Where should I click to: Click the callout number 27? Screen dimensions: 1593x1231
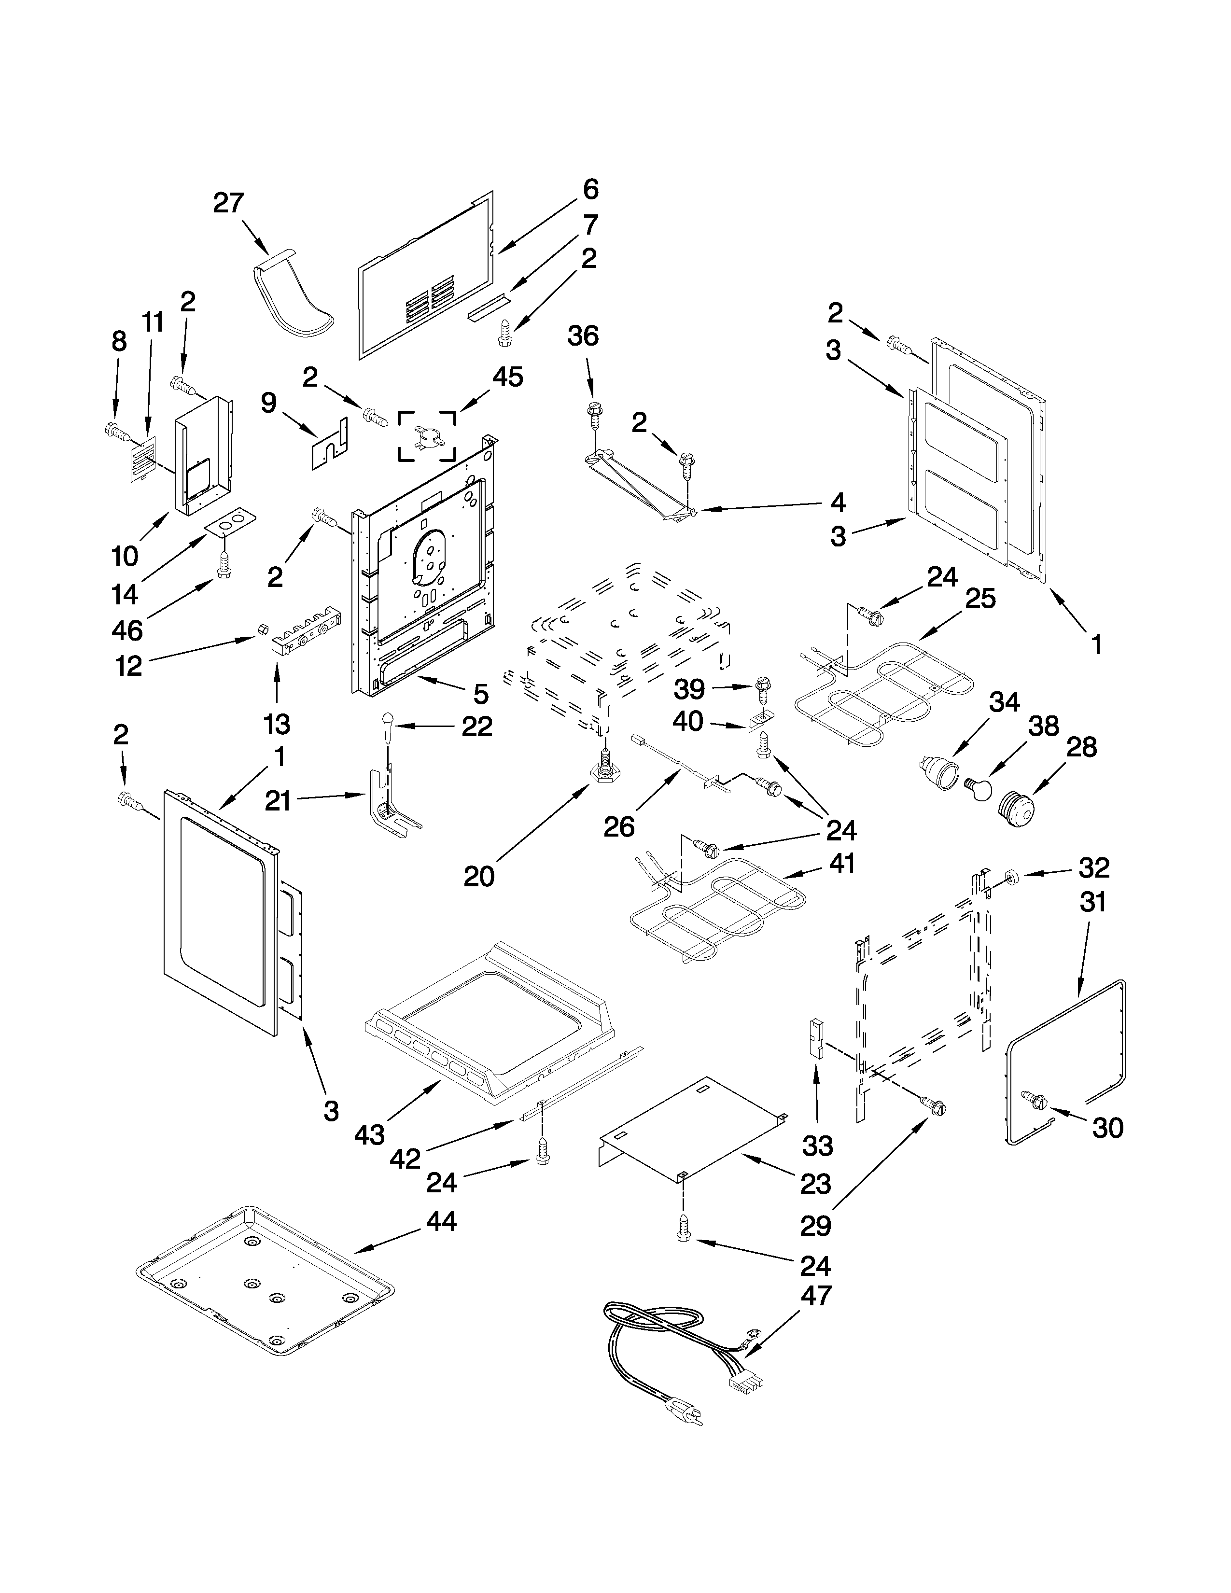point(228,202)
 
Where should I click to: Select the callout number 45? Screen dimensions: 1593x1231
point(507,377)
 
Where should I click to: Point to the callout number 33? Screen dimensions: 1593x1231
point(817,1146)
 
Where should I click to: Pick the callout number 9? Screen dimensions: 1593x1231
point(268,403)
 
